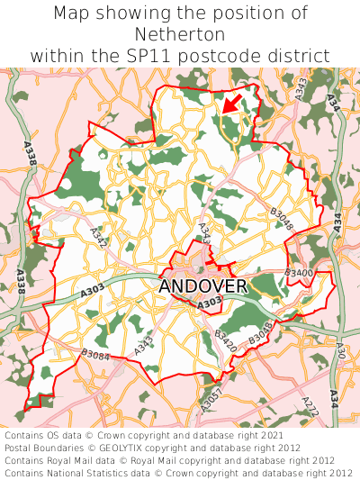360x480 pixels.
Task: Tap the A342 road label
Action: pos(99,237)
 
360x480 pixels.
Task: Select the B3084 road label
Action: pos(95,357)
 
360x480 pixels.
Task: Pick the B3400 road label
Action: pos(299,272)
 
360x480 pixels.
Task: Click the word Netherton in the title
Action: pos(180,34)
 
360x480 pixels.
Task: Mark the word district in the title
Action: pos(298,56)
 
